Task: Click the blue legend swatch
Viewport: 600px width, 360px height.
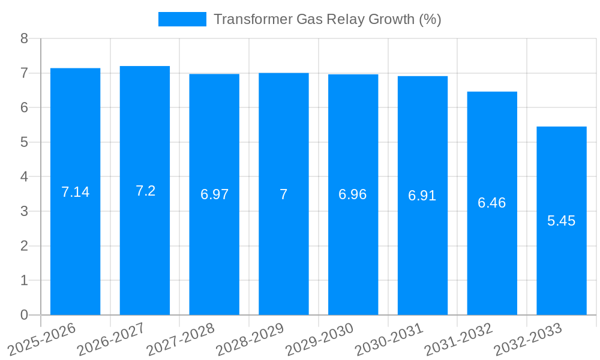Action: (x=182, y=19)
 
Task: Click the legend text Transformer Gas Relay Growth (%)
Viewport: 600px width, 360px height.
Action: (x=327, y=19)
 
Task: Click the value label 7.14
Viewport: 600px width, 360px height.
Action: (x=75, y=192)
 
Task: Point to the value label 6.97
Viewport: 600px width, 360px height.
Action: (x=214, y=194)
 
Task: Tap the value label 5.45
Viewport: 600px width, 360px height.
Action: (x=561, y=221)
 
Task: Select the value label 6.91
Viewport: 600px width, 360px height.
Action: (x=422, y=196)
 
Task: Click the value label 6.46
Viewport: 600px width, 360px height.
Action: (x=492, y=203)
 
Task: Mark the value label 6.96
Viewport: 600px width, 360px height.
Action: (x=353, y=194)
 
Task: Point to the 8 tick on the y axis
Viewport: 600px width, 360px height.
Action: (x=24, y=38)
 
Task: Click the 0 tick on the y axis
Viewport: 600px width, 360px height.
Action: (x=24, y=315)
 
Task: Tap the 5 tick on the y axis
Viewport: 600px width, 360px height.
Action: (x=24, y=142)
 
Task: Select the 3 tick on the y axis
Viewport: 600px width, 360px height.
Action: (x=24, y=211)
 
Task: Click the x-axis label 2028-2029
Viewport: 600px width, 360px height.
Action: (x=250, y=339)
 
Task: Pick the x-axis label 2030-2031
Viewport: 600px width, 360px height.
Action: (x=389, y=339)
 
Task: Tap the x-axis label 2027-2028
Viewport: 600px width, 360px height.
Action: (x=181, y=339)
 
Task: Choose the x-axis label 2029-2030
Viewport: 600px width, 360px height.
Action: (x=319, y=339)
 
